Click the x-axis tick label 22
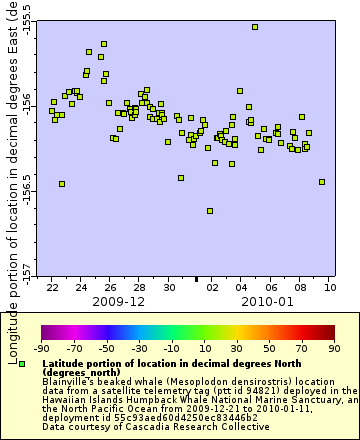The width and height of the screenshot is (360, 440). [x=52, y=287]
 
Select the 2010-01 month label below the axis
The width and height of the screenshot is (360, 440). [x=266, y=301]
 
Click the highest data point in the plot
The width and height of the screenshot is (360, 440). [x=255, y=27]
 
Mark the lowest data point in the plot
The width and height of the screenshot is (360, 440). [x=210, y=210]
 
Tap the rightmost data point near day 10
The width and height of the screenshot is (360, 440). [x=322, y=182]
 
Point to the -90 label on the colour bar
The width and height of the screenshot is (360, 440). [x=42, y=347]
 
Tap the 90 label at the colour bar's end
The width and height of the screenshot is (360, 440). [x=332, y=347]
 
